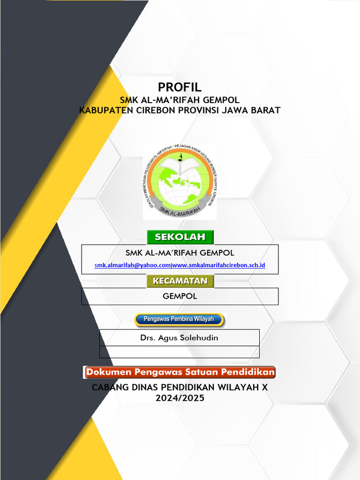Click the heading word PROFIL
pyautogui.click(x=180, y=87)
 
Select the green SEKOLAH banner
pyautogui.click(x=180, y=237)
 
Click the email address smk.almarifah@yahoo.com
pyautogui.click(x=133, y=265)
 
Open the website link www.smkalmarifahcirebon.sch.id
pyautogui.click(x=219, y=265)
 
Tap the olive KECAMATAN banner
pyautogui.click(x=180, y=281)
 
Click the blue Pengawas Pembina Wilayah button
pyautogui.click(x=179, y=320)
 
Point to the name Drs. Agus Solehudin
pyautogui.click(x=179, y=337)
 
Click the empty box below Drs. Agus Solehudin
pyautogui.click(x=179, y=352)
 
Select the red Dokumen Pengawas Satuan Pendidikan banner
pyautogui.click(x=180, y=373)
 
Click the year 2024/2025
pyautogui.click(x=180, y=398)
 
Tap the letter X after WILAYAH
pyautogui.click(x=264, y=388)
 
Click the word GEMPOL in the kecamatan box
pyautogui.click(x=180, y=296)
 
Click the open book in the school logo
pyautogui.click(x=180, y=164)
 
